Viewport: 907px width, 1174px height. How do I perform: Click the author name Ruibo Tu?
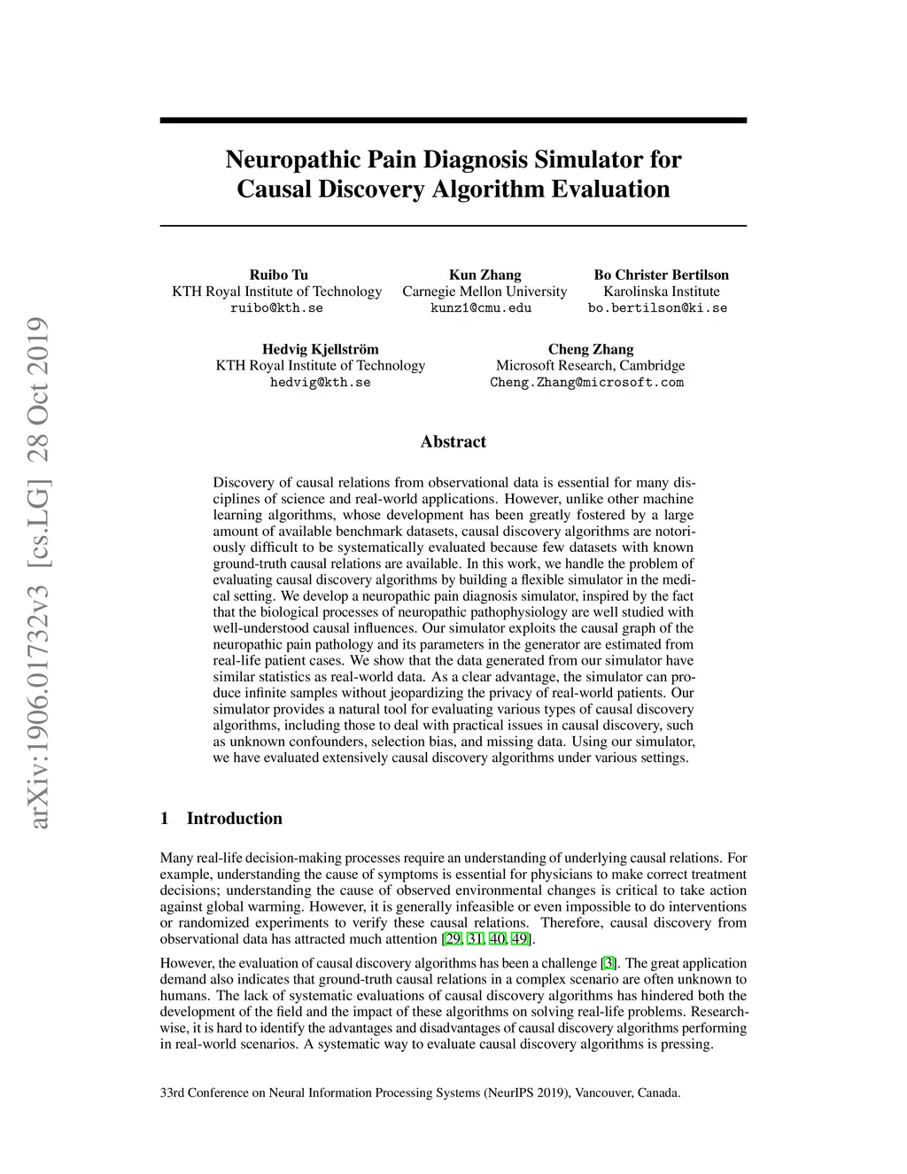(x=278, y=275)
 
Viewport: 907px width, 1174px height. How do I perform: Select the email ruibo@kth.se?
(x=276, y=308)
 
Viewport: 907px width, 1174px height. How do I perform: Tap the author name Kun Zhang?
(x=485, y=275)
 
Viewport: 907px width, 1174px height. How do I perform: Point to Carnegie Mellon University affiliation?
(x=485, y=292)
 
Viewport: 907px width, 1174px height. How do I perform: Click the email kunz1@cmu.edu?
(x=481, y=308)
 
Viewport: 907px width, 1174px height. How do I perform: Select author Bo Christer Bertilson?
(x=661, y=275)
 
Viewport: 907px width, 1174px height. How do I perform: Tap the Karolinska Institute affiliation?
(x=661, y=292)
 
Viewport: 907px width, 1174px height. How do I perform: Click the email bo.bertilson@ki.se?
(x=657, y=308)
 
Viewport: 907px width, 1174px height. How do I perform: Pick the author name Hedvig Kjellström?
(x=320, y=349)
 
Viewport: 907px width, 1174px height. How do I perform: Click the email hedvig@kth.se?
(x=320, y=383)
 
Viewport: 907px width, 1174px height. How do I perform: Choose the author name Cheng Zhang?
(x=590, y=349)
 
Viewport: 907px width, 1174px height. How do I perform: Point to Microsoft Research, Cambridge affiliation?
(x=590, y=366)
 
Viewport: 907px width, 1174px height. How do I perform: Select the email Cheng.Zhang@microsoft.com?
(x=586, y=383)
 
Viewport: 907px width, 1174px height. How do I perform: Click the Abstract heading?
(x=453, y=441)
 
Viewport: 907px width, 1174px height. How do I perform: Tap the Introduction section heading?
(x=234, y=819)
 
